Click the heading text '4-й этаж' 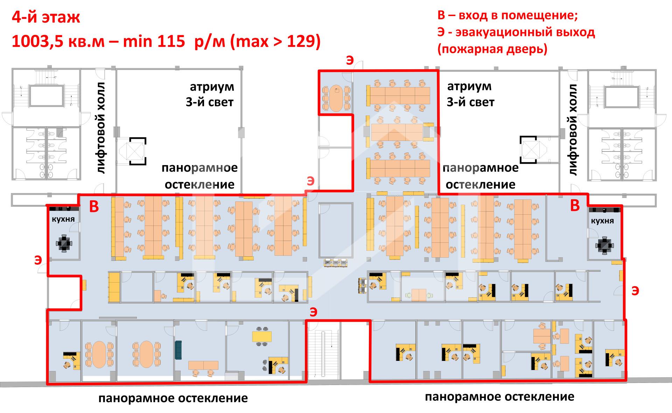(x=46, y=17)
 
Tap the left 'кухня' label (x=63, y=219)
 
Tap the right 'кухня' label (x=602, y=221)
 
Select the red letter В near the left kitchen (x=94, y=207)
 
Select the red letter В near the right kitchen (x=575, y=206)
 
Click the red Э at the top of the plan (x=349, y=60)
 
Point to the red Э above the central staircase (x=313, y=312)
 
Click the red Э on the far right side (x=635, y=291)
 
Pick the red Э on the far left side (x=38, y=260)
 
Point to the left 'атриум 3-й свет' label (x=210, y=94)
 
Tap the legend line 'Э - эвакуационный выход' (x=516, y=33)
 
